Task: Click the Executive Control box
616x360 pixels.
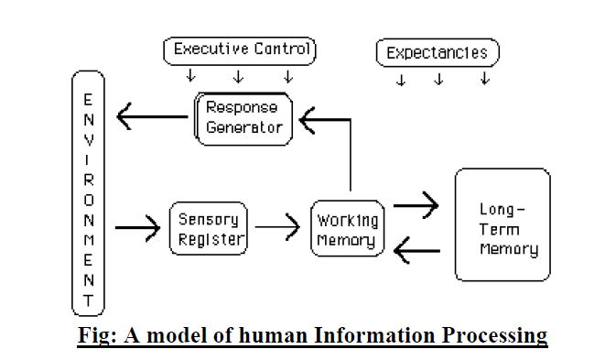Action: [x=239, y=50]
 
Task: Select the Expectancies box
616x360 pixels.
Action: [x=438, y=53]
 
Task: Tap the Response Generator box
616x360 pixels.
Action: [x=245, y=117]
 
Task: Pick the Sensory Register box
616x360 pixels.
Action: [x=208, y=229]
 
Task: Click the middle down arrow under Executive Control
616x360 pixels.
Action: [x=238, y=76]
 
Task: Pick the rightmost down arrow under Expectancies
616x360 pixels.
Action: [x=484, y=80]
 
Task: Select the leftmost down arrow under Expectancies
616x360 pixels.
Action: [x=400, y=80]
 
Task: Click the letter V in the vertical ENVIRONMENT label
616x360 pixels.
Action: [x=88, y=136]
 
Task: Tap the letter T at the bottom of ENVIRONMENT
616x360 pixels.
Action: [x=88, y=300]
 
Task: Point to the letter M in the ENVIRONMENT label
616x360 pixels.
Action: [x=88, y=238]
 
